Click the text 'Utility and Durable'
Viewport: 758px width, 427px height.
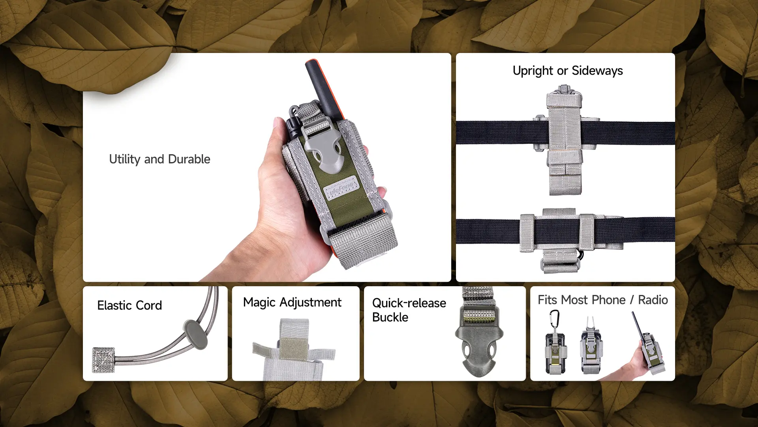pos(159,159)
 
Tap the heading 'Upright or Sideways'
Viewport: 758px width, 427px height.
pos(567,71)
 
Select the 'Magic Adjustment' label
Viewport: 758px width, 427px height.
pos(292,302)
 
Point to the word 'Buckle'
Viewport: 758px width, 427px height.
pos(390,317)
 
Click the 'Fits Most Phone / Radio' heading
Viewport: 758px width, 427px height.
pos(602,300)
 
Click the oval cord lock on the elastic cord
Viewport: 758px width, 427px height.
pos(195,334)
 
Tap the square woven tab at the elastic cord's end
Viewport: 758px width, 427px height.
pos(103,360)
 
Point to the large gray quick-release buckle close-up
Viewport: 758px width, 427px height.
pos(479,344)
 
